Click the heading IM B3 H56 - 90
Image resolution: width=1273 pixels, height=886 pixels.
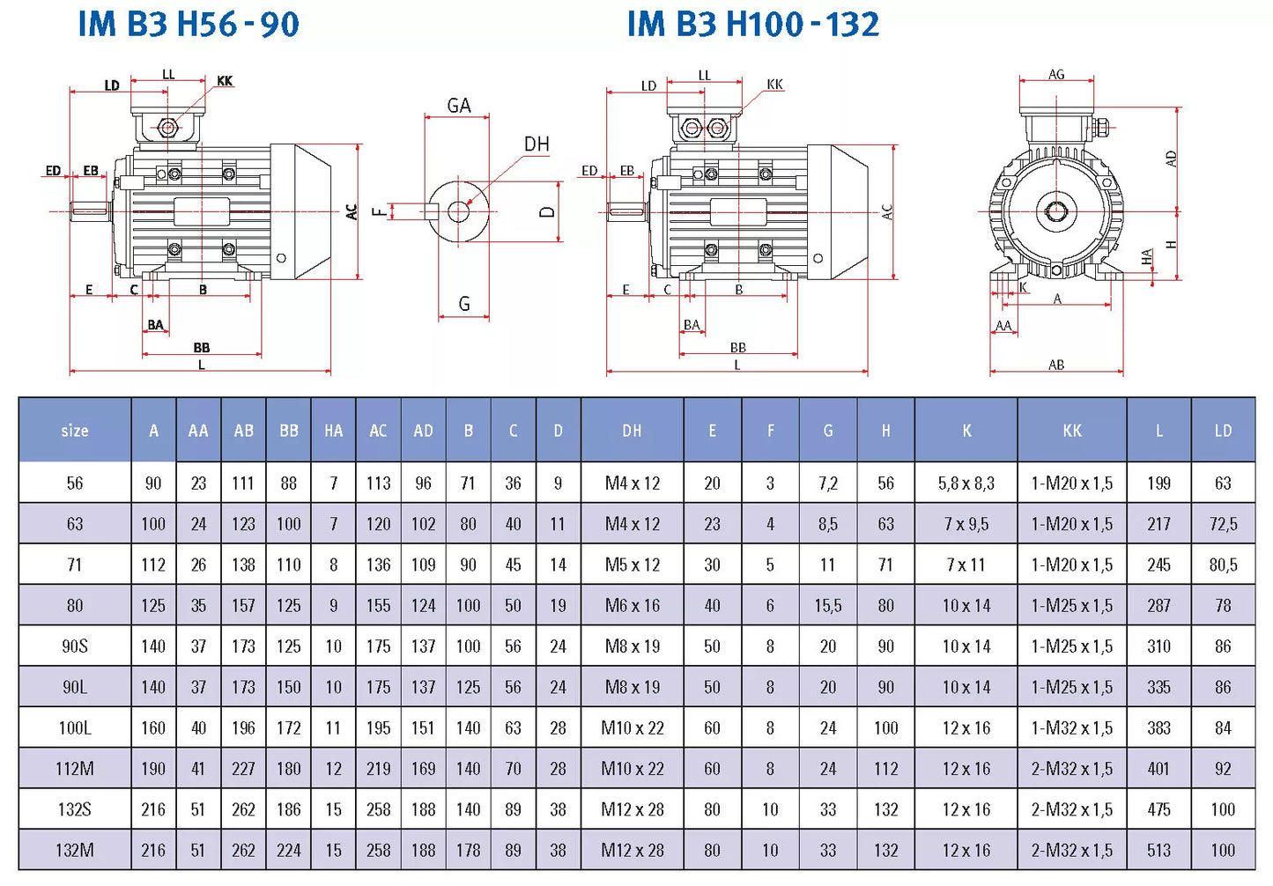pos(189,25)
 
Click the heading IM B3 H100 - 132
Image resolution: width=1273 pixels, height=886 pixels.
pos(752,25)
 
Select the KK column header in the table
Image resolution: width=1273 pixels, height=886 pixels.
pos(1071,431)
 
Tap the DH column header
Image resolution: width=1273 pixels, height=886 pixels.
pos(632,431)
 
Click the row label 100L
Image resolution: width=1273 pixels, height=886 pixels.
pos(75,728)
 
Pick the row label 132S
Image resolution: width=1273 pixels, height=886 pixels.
pos(75,809)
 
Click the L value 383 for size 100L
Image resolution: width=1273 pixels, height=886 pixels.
pos(1158,728)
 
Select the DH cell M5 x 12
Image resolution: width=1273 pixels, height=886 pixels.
pos(632,565)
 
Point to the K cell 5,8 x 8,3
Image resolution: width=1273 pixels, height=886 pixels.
pos(966,484)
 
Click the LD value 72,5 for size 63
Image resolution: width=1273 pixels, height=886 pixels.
pos(1223,524)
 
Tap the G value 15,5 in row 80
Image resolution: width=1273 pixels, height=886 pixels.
pos(827,606)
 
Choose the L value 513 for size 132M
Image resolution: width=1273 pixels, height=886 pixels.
pos(1158,851)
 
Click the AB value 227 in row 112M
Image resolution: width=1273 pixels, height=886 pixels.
pos(243,769)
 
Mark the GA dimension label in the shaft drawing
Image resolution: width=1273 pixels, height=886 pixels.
pos(459,106)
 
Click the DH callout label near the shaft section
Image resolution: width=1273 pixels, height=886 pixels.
pos(536,144)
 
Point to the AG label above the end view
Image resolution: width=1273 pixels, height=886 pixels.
pos(1056,75)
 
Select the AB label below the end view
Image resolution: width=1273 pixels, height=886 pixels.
pos(1056,365)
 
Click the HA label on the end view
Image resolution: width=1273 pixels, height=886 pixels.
pos(1146,257)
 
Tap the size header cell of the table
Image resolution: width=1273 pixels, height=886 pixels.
pos(75,431)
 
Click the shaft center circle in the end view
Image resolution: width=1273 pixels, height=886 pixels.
pos(1056,211)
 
